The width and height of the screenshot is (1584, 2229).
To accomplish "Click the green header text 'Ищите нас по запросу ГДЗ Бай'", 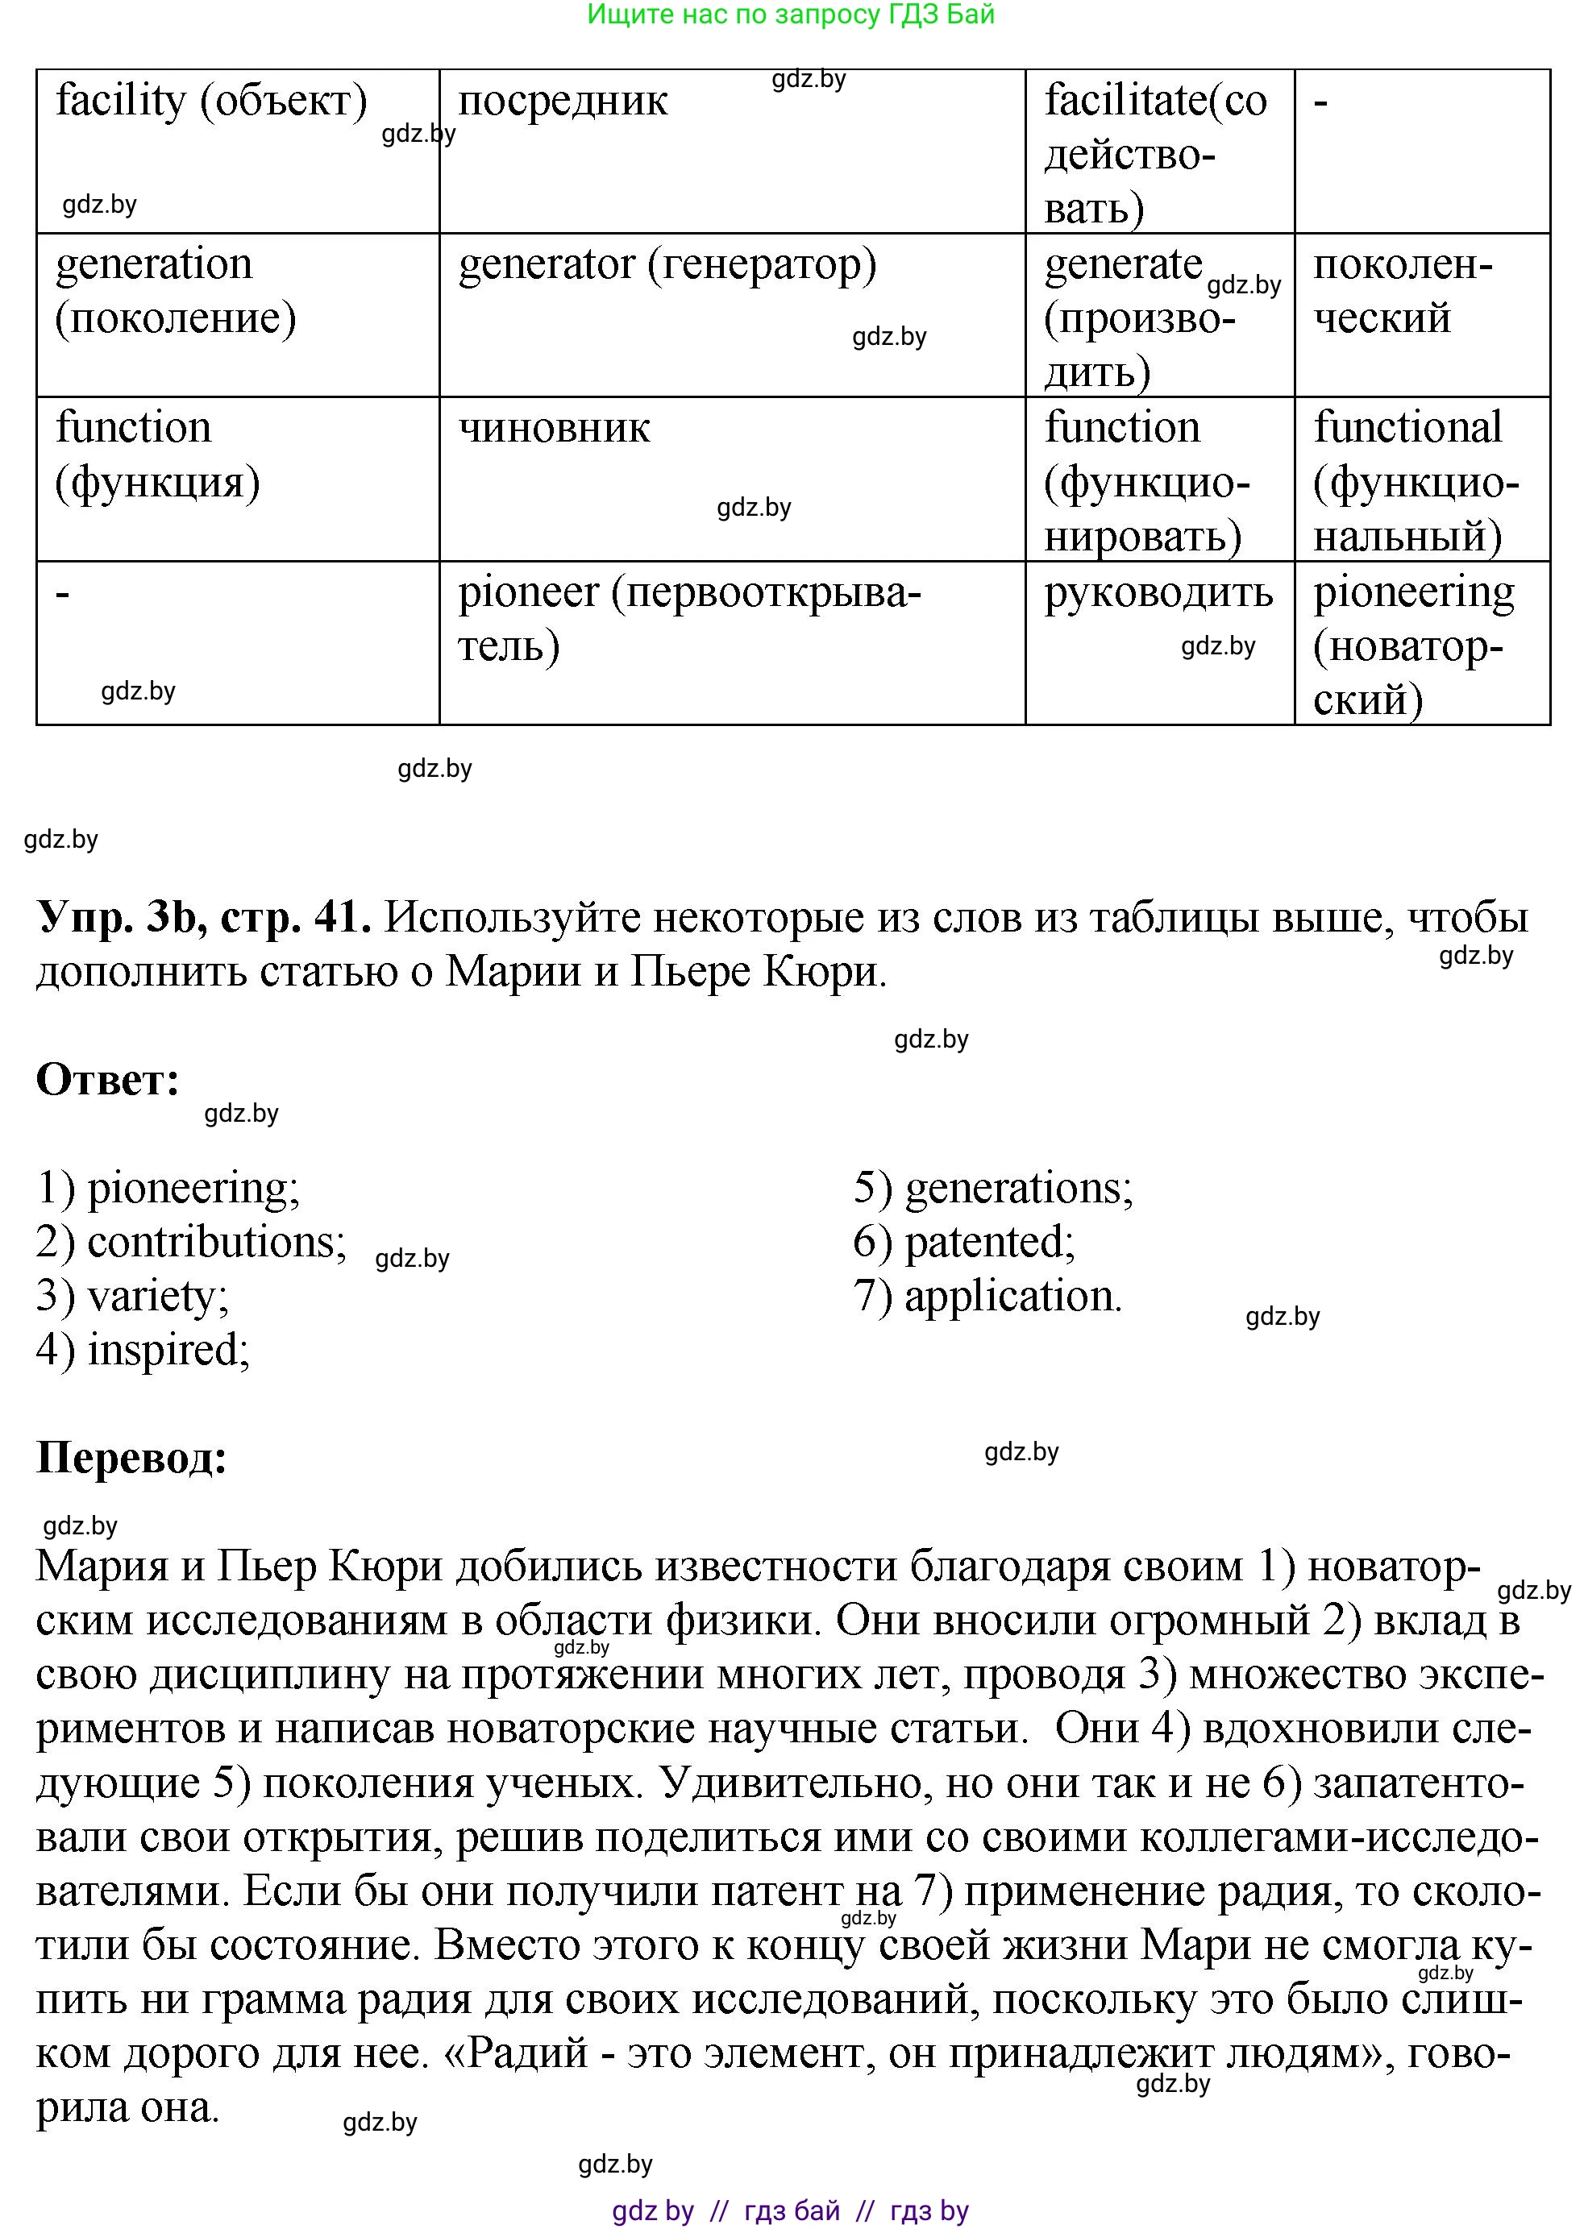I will tap(790, 15).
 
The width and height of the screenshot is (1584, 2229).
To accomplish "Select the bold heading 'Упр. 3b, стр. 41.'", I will tap(204, 916).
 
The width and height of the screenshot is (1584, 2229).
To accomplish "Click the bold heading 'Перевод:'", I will tap(131, 1458).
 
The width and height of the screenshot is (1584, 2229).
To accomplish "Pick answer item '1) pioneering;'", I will tap(168, 1188).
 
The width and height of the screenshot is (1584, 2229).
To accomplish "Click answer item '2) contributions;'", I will tap(191, 1241).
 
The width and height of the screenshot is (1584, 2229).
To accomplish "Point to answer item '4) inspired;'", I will tap(143, 1351).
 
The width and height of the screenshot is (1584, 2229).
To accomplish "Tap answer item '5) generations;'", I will tap(993, 1188).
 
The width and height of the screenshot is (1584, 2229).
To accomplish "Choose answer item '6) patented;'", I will tap(963, 1241).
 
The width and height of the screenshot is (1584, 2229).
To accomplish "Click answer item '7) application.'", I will tap(987, 1296).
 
